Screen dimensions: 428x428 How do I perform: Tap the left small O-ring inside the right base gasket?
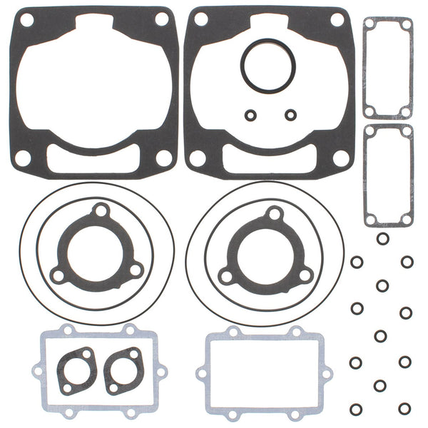(250, 114)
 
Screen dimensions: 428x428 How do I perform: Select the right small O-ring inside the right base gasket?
(290, 114)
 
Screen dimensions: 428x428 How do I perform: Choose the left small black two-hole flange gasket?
(77, 370)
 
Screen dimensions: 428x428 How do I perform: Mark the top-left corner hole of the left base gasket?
(27, 20)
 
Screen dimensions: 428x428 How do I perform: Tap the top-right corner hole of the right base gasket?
(341, 19)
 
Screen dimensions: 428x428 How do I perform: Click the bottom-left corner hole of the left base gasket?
(24, 158)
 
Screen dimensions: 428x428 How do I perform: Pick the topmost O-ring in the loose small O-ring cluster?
(382, 239)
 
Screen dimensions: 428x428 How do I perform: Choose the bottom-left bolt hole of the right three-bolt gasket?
(227, 275)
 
